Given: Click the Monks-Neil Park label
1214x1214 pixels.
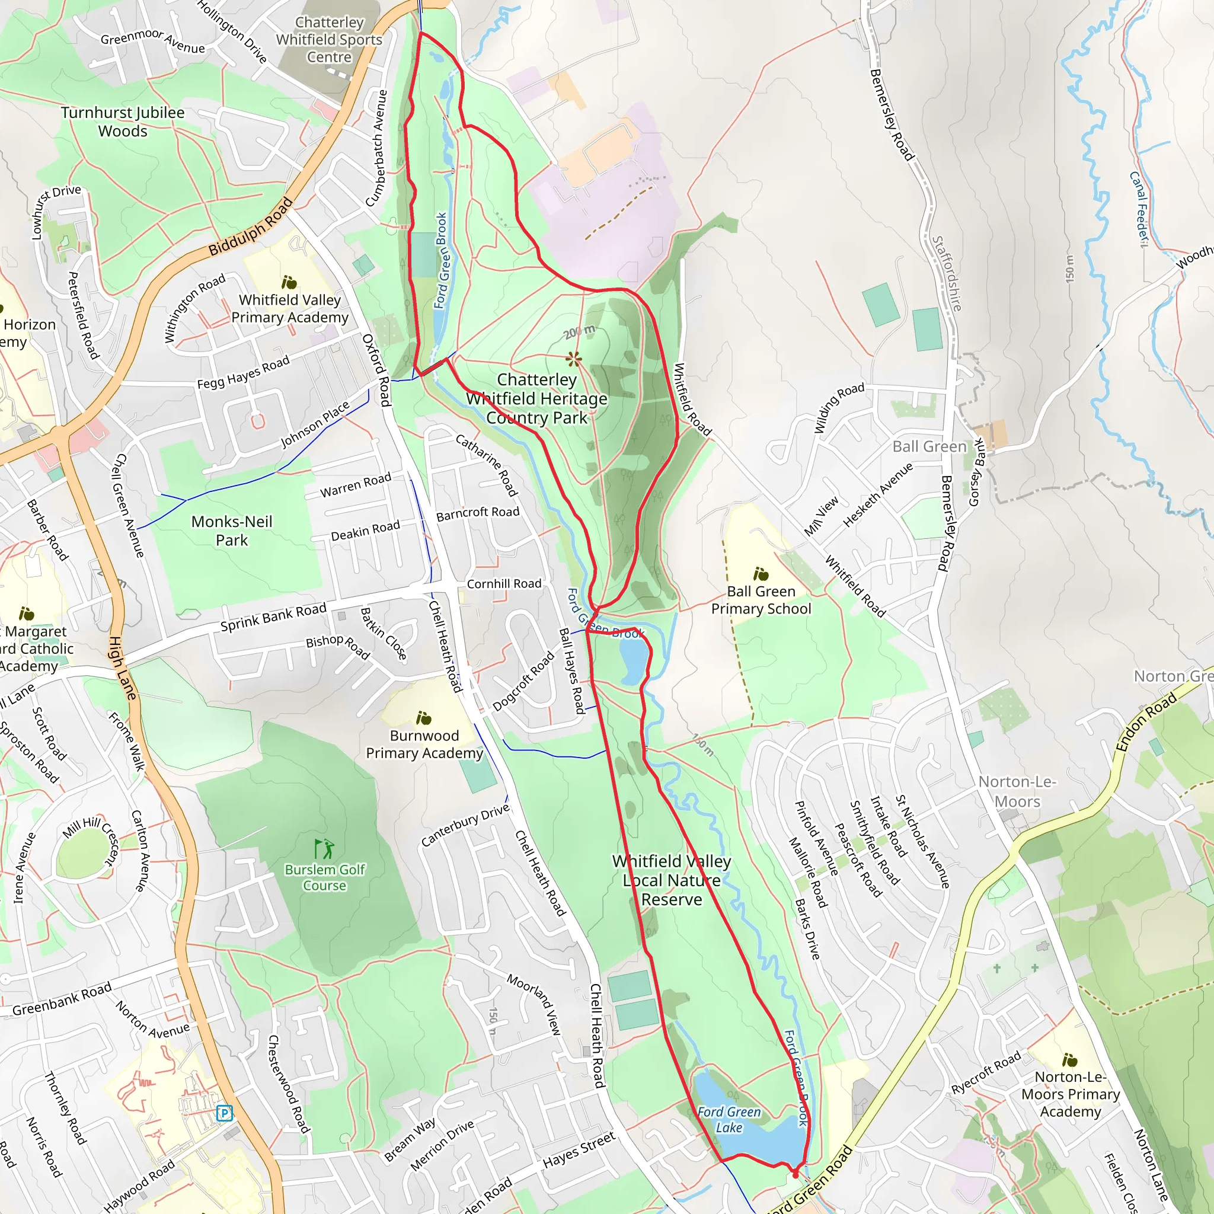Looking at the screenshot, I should point(232,531).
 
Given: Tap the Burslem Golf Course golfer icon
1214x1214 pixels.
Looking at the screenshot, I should point(325,849).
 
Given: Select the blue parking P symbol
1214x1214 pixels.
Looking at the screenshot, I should point(224,1113).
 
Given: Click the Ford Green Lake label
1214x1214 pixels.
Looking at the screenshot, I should point(729,1120).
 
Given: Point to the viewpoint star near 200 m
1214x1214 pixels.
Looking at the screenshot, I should point(573,359).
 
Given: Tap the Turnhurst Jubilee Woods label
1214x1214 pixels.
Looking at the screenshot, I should point(123,122).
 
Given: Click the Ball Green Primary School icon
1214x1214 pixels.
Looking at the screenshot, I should point(761,574).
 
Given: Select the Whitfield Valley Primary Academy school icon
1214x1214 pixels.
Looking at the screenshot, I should point(289,282).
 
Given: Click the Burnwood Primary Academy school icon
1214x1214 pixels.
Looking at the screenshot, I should point(424,718).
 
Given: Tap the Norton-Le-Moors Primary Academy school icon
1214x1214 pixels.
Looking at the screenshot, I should point(1070,1060).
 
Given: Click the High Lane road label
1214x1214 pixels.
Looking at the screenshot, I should point(123,668).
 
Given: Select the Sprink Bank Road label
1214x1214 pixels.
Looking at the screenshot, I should point(273,617).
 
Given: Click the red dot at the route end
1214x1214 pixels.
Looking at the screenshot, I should point(796,1174).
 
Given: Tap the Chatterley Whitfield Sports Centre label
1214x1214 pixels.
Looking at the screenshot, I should point(329,40).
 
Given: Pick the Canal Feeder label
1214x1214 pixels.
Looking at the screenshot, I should point(1139,209).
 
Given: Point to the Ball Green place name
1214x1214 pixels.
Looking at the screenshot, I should point(929,447).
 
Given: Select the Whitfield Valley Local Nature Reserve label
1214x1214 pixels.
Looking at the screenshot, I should point(672,880).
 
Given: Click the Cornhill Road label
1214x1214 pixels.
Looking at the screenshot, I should point(504,584).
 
